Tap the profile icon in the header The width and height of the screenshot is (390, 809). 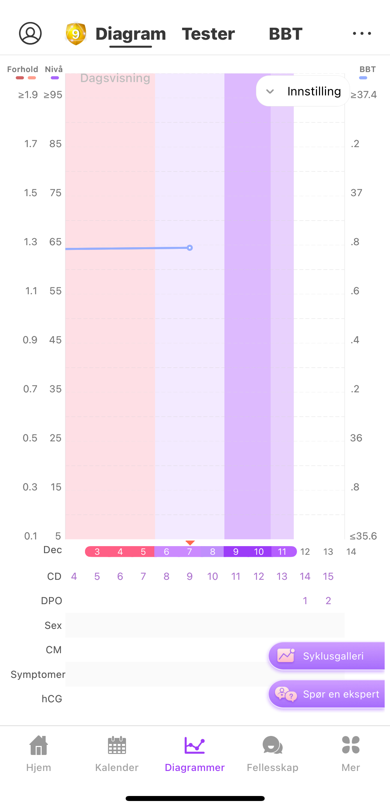(30, 33)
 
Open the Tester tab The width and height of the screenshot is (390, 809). (208, 34)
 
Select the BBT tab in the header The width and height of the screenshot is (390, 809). (286, 34)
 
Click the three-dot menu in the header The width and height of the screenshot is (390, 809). (362, 33)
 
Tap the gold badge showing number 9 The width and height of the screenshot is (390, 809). (76, 34)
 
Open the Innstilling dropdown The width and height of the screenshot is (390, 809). (303, 91)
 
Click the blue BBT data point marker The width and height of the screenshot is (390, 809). (190, 248)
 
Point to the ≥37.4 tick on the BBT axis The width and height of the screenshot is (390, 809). (364, 95)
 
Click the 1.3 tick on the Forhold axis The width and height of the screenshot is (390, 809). (30, 242)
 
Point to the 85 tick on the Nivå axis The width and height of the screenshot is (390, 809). (55, 144)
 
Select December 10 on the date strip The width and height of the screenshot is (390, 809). (259, 552)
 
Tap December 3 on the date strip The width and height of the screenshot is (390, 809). (97, 552)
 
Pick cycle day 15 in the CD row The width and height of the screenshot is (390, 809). (328, 576)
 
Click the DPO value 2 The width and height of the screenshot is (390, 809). (328, 601)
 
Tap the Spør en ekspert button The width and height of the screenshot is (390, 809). (327, 694)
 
